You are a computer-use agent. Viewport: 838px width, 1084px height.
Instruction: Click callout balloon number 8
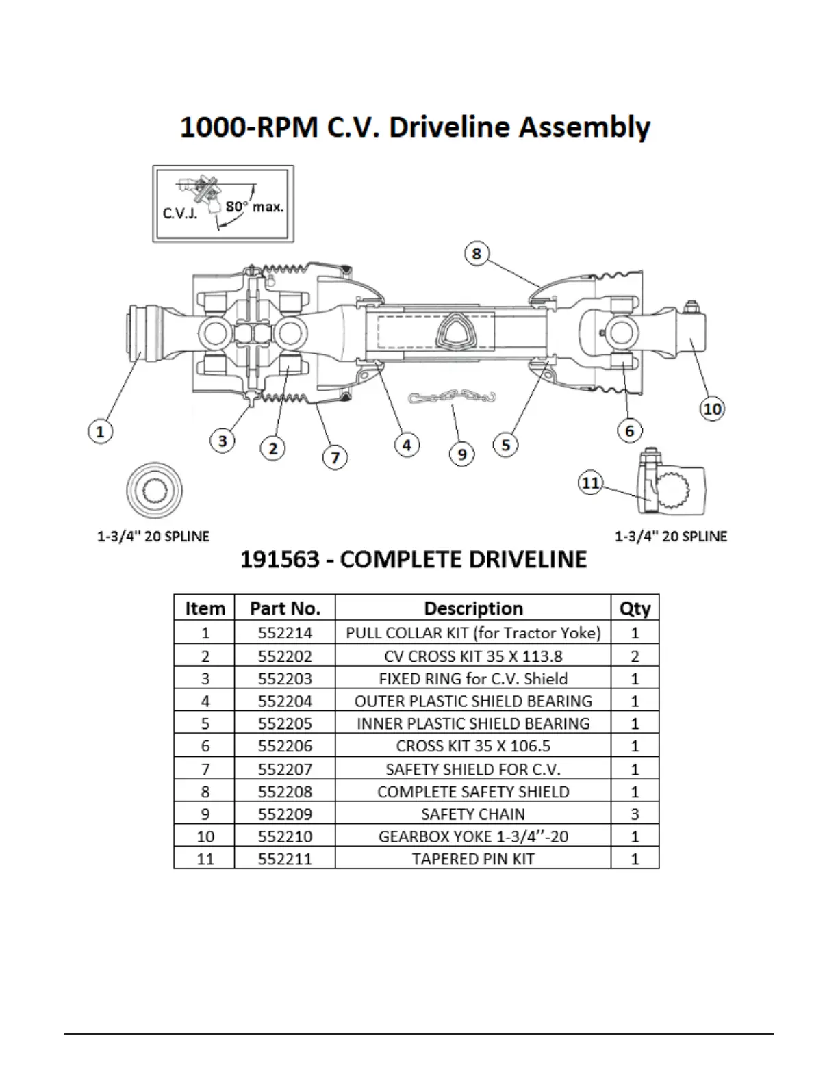(477, 254)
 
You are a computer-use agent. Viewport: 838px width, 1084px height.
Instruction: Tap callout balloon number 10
(712, 409)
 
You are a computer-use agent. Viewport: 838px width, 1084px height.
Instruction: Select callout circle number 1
(101, 432)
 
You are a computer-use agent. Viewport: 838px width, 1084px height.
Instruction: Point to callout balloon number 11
(590, 483)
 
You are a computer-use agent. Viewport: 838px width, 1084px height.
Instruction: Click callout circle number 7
(335, 457)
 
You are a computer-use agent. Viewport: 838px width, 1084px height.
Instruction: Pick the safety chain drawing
(452, 398)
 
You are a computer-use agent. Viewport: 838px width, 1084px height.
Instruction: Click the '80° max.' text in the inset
(254, 206)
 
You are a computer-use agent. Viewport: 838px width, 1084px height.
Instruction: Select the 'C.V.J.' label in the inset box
(179, 213)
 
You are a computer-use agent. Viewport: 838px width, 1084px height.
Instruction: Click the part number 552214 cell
(285, 633)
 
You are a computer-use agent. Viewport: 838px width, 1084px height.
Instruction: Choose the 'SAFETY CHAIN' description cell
(473, 814)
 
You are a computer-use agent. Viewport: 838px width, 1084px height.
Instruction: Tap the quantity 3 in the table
(635, 814)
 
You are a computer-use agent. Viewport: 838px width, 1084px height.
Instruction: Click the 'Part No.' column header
(285, 608)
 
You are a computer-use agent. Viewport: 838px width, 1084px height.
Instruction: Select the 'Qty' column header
(635, 608)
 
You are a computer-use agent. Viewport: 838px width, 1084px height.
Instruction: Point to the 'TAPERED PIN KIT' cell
(473, 859)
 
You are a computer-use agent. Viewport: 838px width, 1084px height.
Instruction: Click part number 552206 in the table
(285, 746)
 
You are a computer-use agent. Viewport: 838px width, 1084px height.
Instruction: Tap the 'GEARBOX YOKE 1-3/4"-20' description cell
(473, 836)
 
